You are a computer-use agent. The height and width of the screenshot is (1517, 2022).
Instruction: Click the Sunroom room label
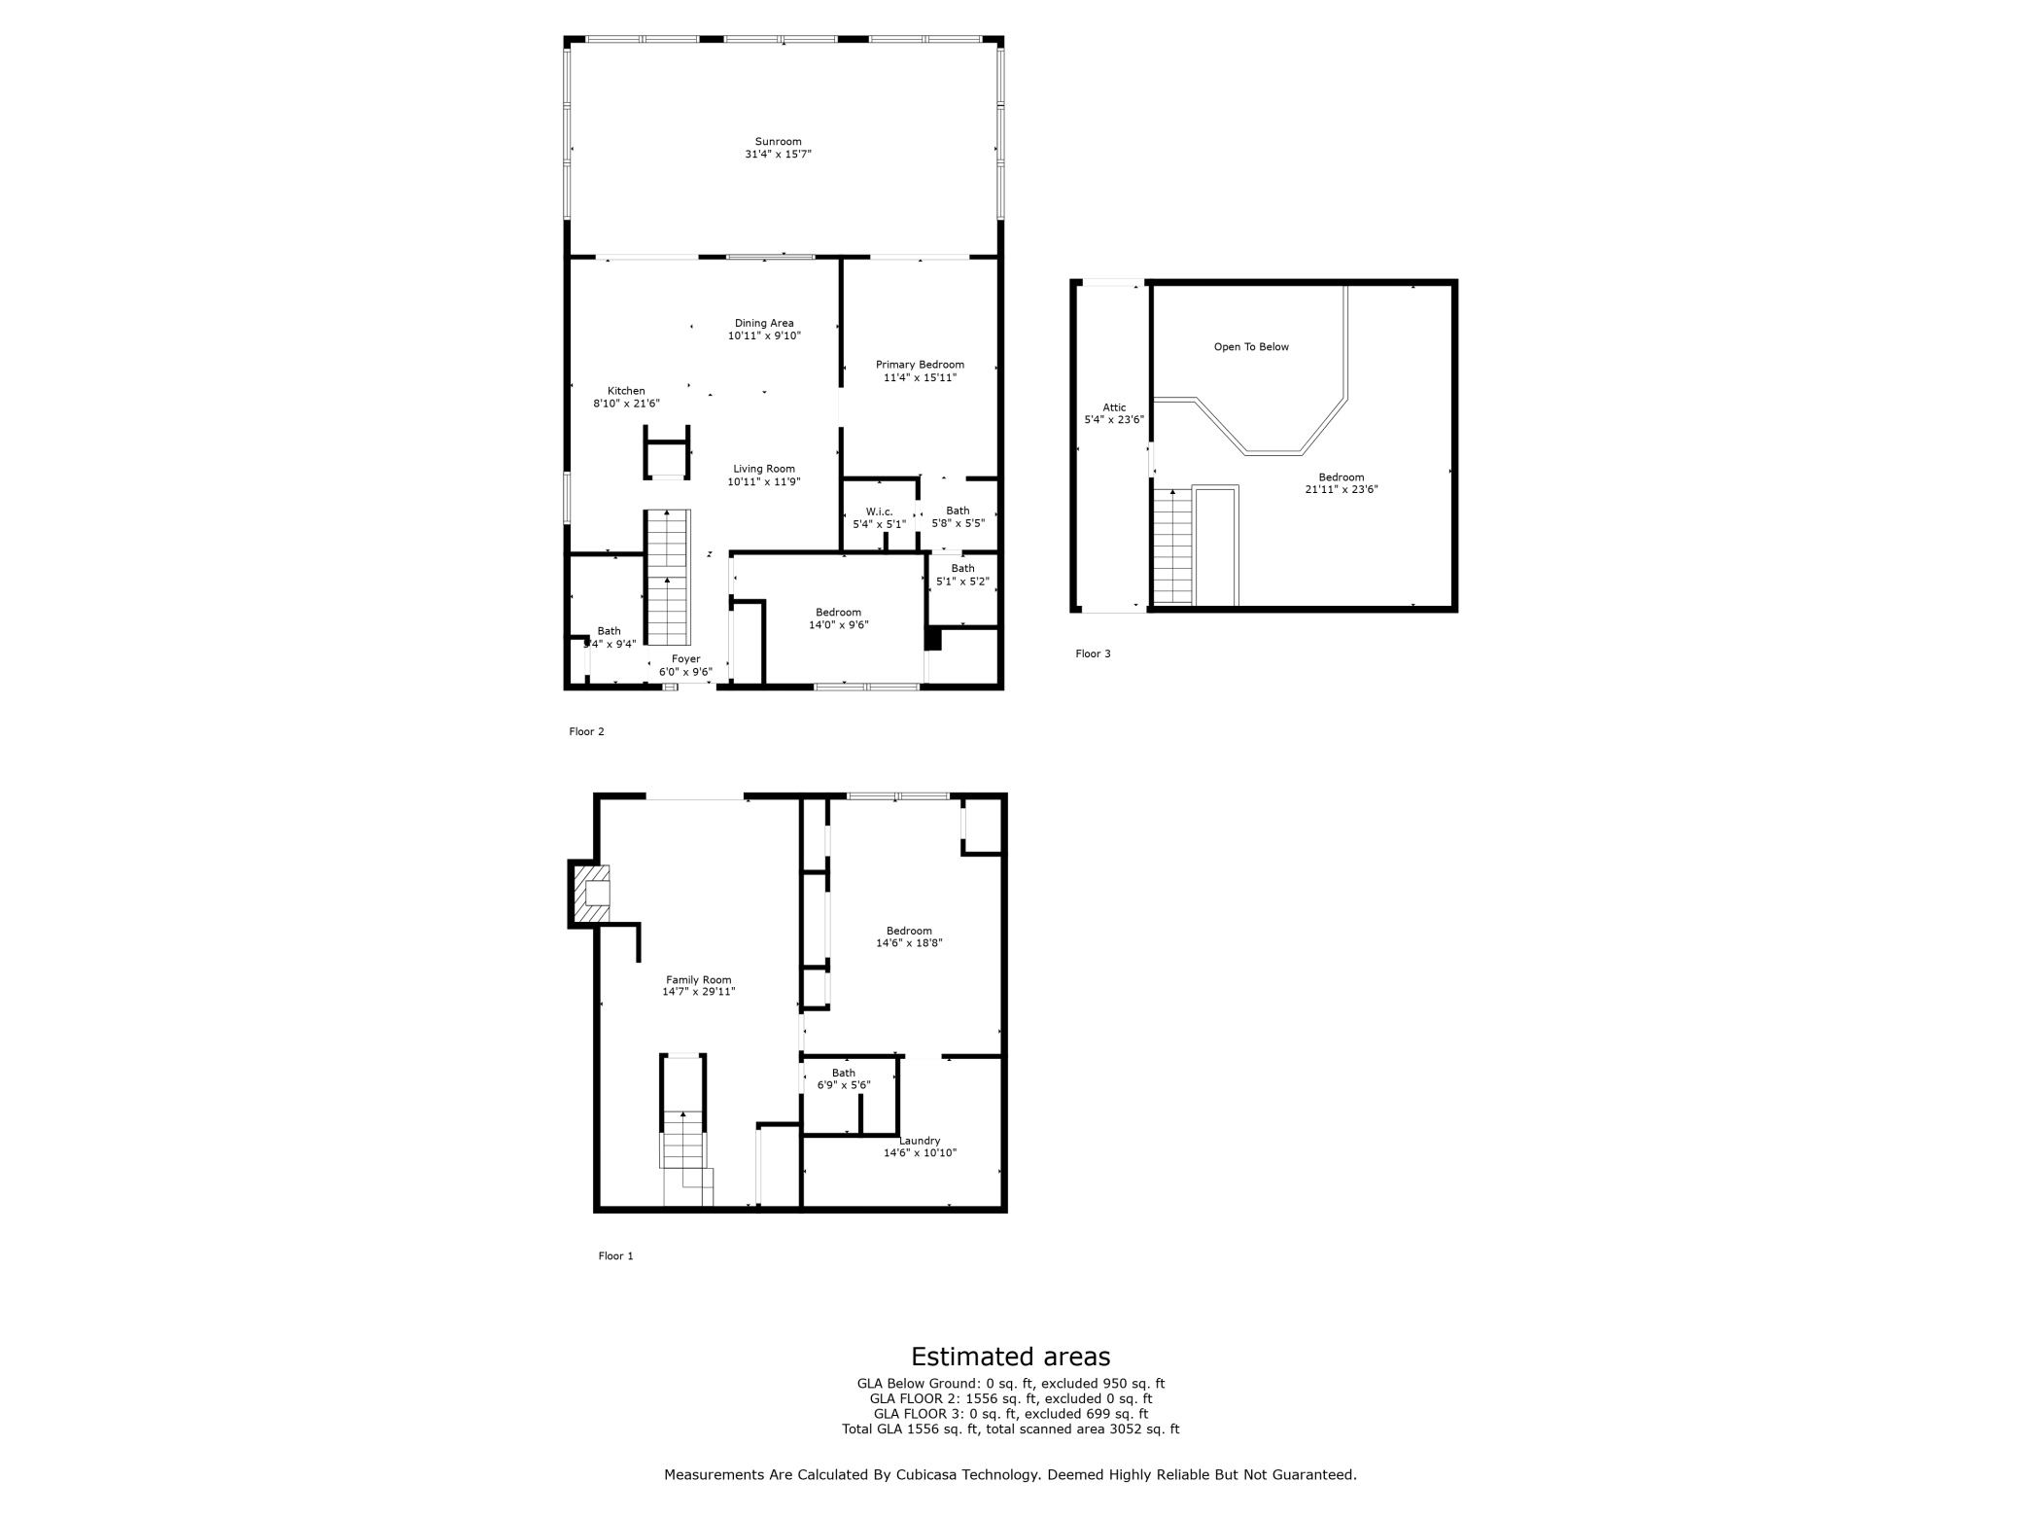tap(778, 142)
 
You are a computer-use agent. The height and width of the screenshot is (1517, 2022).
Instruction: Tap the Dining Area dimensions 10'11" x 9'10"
tap(764, 336)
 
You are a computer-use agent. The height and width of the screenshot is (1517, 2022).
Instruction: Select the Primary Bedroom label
tap(920, 365)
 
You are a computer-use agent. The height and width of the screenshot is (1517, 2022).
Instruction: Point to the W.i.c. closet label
tap(879, 512)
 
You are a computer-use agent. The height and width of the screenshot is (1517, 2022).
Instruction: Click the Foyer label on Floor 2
tap(685, 659)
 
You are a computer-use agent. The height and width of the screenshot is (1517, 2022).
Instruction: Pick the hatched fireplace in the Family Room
tap(591, 894)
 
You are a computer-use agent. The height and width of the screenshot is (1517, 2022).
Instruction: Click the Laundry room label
tap(920, 1141)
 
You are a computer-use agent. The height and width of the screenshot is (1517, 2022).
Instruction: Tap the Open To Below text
tap(1251, 347)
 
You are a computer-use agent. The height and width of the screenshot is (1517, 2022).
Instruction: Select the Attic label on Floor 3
tap(1114, 408)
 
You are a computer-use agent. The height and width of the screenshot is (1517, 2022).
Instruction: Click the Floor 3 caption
tap(1093, 653)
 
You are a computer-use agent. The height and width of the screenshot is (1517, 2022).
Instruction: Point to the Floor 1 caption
tap(615, 1256)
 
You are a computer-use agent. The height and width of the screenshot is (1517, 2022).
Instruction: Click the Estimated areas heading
tap(1010, 1357)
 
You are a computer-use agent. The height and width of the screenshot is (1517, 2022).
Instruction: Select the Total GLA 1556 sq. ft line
tap(1010, 1429)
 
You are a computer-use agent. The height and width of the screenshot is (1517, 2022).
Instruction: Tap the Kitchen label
tap(626, 391)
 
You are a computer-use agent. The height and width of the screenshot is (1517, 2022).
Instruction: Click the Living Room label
tap(764, 469)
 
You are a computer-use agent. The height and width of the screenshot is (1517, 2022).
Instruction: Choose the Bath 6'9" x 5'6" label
tap(844, 1079)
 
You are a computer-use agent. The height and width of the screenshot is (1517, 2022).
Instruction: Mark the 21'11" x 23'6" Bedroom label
tap(1342, 483)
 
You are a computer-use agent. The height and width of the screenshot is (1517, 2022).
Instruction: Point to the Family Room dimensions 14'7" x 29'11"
tap(699, 993)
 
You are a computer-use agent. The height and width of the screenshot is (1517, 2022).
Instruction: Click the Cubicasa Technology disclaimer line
tap(1010, 1475)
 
